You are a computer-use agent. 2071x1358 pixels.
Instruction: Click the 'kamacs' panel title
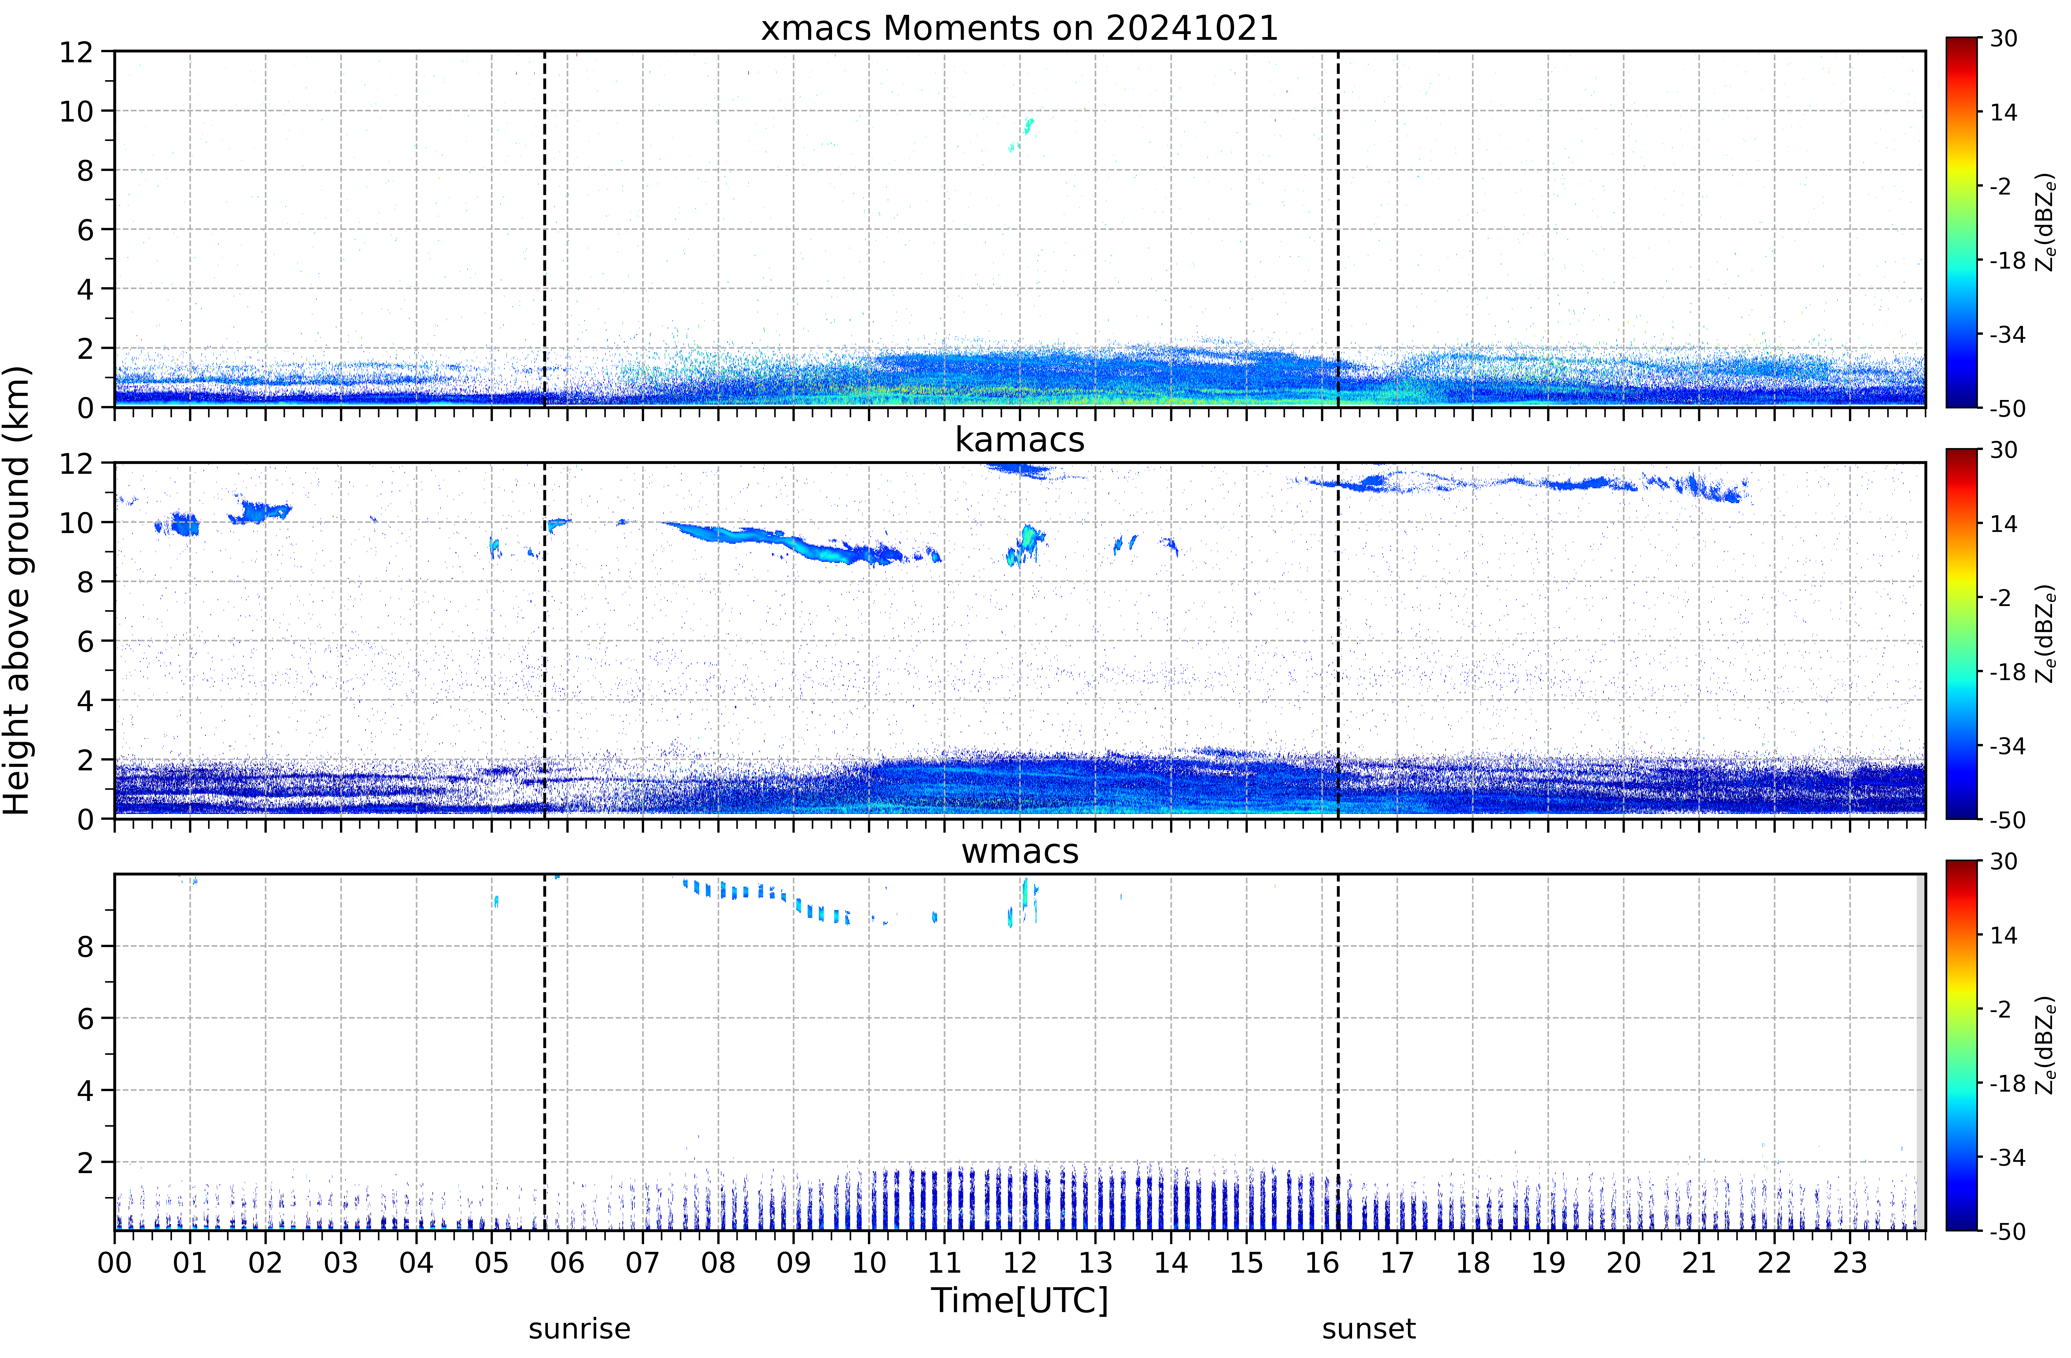coord(1020,440)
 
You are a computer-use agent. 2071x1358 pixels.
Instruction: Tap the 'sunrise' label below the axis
coord(580,1329)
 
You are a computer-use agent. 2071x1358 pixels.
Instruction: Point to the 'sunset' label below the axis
coord(1369,1329)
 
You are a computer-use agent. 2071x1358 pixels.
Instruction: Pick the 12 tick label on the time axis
coord(1020,1262)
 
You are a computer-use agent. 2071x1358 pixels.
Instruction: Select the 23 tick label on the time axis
coord(1850,1262)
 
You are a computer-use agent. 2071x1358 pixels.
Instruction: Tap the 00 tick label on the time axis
coord(115,1262)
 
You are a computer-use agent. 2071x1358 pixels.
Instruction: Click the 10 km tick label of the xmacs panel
coord(77,111)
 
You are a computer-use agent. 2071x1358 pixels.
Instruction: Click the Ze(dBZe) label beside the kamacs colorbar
coord(2046,633)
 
